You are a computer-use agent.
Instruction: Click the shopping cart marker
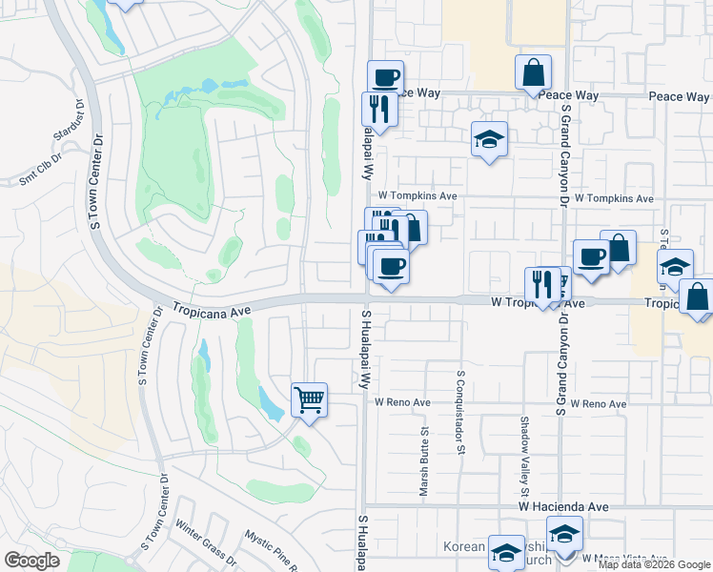click(309, 400)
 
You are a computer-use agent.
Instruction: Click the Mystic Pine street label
click(268, 550)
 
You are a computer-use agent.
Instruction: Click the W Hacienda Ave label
click(563, 507)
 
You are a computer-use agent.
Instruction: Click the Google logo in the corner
click(31, 560)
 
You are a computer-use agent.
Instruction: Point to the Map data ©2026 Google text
click(654, 564)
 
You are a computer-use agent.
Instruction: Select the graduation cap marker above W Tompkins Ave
click(490, 140)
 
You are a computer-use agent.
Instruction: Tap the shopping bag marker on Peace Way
click(534, 72)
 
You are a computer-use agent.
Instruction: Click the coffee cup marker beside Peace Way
click(385, 78)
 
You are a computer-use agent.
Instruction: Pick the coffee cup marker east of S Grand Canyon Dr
click(591, 256)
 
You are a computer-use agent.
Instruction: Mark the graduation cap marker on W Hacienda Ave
click(564, 534)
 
